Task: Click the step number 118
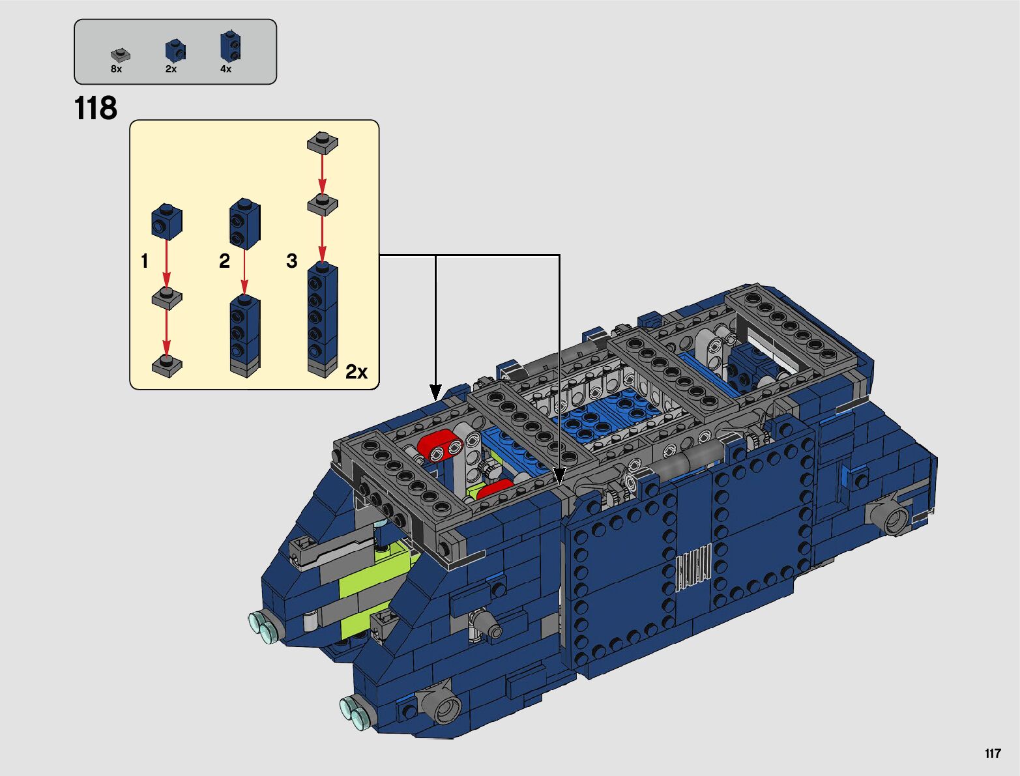click(95, 108)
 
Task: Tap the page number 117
click(993, 753)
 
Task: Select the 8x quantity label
click(116, 69)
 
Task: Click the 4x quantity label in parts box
click(226, 69)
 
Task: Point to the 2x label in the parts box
click(171, 69)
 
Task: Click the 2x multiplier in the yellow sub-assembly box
click(357, 371)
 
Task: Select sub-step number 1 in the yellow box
click(145, 261)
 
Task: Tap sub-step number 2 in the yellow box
click(224, 261)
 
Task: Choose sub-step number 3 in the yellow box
click(292, 261)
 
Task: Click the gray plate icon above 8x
click(121, 55)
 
